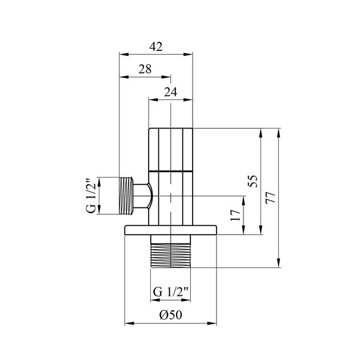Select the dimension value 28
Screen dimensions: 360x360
tap(145, 69)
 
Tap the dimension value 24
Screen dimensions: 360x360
tap(170, 91)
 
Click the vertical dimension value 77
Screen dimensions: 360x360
tap(271, 198)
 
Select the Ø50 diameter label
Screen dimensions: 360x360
tap(171, 315)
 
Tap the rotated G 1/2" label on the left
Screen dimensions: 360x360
tap(90, 196)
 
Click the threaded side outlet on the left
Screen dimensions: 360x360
tap(127, 196)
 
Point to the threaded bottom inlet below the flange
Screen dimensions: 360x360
tap(171, 251)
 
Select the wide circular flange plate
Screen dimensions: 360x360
tap(171, 230)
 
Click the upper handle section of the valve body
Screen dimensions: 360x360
tap(171, 149)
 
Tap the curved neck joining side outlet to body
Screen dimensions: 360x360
tap(144, 196)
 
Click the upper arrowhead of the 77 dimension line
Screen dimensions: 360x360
tap(278, 133)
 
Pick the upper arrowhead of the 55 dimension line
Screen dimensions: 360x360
tap(261, 133)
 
